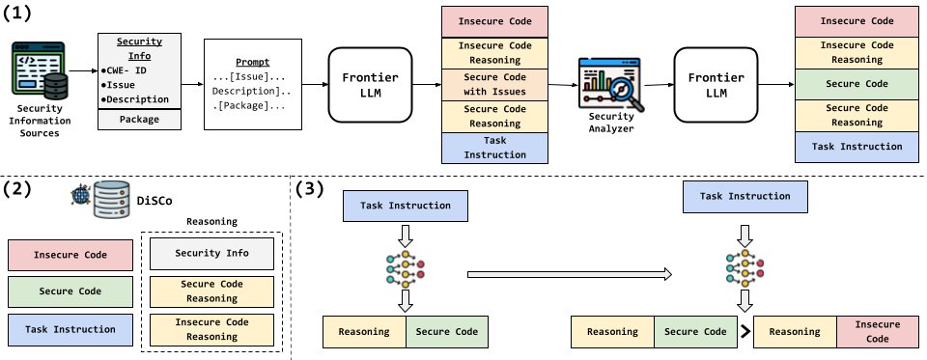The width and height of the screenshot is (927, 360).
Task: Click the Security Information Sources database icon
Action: [39, 69]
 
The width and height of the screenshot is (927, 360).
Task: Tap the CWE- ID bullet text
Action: [124, 70]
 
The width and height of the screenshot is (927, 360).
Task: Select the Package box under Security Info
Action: [139, 120]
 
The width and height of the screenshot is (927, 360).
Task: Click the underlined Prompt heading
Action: [252, 62]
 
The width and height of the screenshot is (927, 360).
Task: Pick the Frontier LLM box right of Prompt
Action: [371, 85]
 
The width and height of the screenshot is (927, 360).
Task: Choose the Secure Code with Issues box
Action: [494, 85]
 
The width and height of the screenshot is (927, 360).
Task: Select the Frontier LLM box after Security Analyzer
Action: [716, 85]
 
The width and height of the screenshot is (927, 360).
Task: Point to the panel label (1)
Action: [17, 13]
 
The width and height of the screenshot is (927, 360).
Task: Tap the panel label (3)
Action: [311, 188]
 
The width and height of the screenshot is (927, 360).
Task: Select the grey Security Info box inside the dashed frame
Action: [211, 253]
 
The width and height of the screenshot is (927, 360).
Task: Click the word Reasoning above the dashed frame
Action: [211, 222]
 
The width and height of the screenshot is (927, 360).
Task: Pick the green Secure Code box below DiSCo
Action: [70, 291]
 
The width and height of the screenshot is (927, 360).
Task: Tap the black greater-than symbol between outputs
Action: [745, 332]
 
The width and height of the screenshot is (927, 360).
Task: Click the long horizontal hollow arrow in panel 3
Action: [570, 274]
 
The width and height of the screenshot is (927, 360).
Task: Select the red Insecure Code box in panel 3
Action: [878, 332]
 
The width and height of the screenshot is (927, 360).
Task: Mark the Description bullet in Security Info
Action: [135, 99]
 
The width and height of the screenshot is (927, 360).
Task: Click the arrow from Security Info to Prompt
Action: [193, 85]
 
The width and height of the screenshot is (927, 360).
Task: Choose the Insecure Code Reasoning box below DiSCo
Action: [211, 329]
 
